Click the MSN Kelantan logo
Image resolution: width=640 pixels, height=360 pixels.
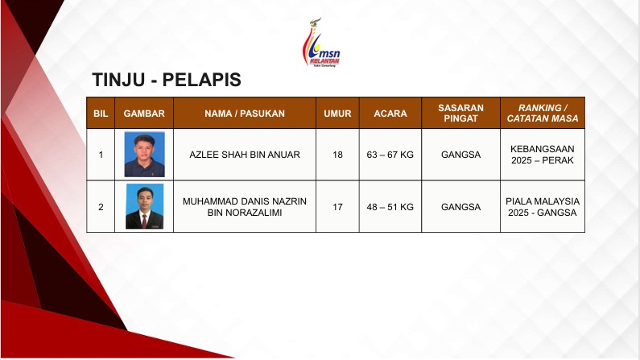point(321,43)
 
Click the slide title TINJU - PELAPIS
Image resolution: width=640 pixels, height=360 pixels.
point(167,80)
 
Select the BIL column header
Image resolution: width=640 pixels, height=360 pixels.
point(101,114)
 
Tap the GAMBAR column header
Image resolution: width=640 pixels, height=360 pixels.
point(144,114)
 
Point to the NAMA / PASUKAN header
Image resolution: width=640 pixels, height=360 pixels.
point(245,114)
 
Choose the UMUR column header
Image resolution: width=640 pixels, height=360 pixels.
point(337,114)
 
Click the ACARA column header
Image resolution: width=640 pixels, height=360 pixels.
point(390,114)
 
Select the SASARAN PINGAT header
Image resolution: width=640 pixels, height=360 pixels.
point(460,113)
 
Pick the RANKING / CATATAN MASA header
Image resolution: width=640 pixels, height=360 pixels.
point(543,113)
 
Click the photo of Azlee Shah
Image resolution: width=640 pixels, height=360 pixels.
point(144,155)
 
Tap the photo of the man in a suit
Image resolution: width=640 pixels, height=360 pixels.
point(144,206)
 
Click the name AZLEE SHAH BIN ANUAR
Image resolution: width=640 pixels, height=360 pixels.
point(245,155)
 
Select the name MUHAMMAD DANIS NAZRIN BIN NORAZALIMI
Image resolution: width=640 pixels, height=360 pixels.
point(245,207)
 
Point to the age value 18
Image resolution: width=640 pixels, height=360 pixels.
point(337,155)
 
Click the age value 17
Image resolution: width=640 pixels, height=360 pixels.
point(337,207)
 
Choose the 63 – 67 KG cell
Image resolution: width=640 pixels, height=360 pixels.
point(390,155)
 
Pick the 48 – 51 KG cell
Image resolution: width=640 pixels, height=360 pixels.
point(390,207)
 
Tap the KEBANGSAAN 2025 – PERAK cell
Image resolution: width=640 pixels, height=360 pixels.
point(543,155)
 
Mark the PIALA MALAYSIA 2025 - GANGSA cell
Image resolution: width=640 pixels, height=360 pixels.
point(543,207)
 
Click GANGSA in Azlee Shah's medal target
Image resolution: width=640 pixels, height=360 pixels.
point(460,155)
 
